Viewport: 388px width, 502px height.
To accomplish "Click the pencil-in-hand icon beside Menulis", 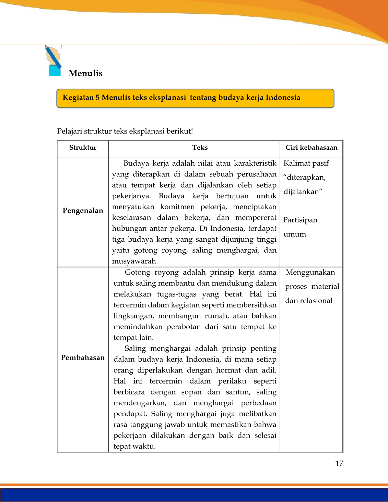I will [x=54, y=61].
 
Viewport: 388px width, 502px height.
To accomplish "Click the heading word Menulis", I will [x=85, y=73].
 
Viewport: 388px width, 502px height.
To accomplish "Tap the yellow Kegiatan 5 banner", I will [x=195, y=98].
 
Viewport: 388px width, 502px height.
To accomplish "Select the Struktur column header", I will [x=83, y=148].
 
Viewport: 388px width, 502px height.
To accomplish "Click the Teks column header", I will [x=200, y=148].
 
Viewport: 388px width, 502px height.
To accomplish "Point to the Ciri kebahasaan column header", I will [x=311, y=148].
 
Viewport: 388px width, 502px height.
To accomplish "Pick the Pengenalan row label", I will [x=83, y=211].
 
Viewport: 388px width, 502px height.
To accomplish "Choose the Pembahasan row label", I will [x=83, y=358].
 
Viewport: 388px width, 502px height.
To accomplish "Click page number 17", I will [x=339, y=464].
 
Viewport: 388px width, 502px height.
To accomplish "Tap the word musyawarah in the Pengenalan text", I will [x=134, y=261].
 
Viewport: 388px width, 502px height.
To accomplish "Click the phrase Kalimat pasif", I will [x=306, y=163].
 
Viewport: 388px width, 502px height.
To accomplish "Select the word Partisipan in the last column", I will [x=300, y=220].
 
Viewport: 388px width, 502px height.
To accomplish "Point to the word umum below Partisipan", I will [x=295, y=234].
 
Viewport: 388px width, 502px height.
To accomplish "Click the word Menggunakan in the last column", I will [x=310, y=273].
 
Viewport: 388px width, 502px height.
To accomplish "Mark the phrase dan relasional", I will [x=309, y=301].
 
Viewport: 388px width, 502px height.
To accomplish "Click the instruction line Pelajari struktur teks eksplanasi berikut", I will [x=125, y=131].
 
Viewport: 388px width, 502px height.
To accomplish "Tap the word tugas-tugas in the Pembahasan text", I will [x=176, y=294].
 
